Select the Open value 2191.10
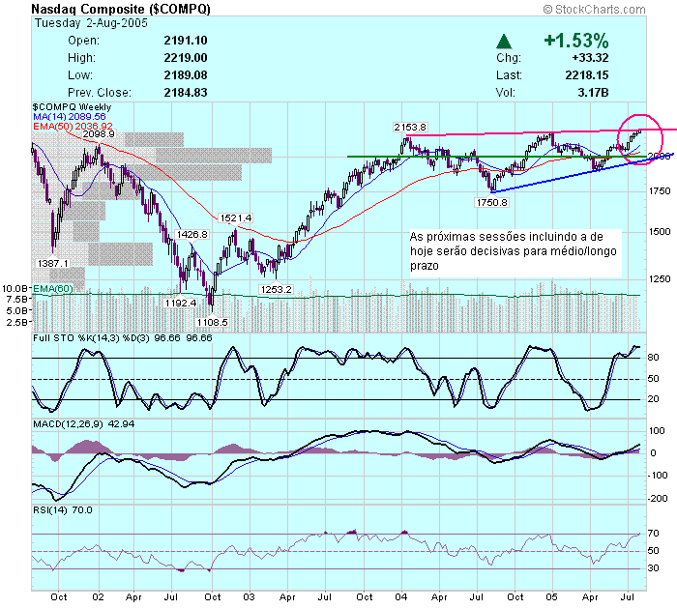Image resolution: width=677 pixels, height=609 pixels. coord(187,41)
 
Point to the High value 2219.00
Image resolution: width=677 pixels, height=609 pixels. coord(187,58)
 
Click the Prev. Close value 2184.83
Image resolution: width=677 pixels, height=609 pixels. coord(187,93)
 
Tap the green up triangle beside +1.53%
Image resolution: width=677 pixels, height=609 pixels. coord(504,42)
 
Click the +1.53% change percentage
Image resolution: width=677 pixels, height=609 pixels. coord(576,42)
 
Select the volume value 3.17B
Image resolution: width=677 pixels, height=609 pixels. coord(592,93)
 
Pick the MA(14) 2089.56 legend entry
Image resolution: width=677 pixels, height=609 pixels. coord(73,116)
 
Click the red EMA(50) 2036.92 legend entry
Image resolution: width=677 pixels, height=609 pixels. coord(74,126)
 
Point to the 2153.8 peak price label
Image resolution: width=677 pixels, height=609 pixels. coord(410,128)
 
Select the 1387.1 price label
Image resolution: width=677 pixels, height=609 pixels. coord(52,263)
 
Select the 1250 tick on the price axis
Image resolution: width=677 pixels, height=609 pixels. coord(659,279)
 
